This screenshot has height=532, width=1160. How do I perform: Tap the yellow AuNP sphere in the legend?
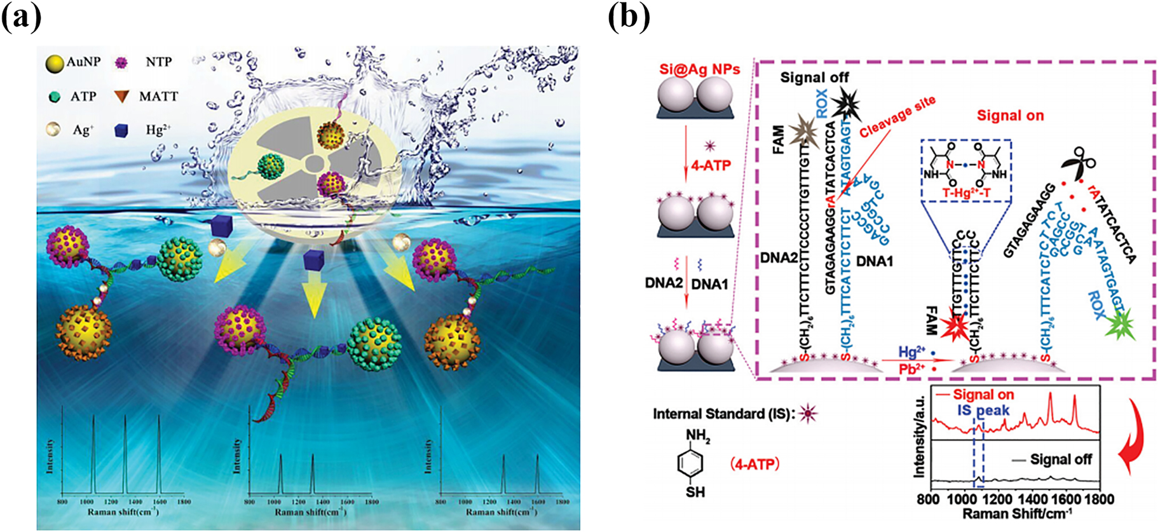click(x=56, y=63)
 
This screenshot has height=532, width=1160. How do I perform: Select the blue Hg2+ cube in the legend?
click(x=121, y=130)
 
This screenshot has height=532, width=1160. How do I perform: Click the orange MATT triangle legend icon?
click(x=121, y=97)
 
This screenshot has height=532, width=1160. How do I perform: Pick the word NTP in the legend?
click(x=158, y=62)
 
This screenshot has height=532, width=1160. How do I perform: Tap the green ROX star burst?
click(x=1119, y=325)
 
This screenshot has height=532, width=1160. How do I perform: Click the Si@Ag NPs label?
click(x=699, y=69)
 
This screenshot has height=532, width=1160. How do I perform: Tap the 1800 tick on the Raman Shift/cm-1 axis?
click(x=1098, y=499)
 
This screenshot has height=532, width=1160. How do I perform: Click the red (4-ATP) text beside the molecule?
click(x=755, y=464)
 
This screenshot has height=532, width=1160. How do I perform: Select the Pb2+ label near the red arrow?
click(x=912, y=369)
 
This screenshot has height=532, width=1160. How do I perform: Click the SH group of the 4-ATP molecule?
click(x=695, y=492)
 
